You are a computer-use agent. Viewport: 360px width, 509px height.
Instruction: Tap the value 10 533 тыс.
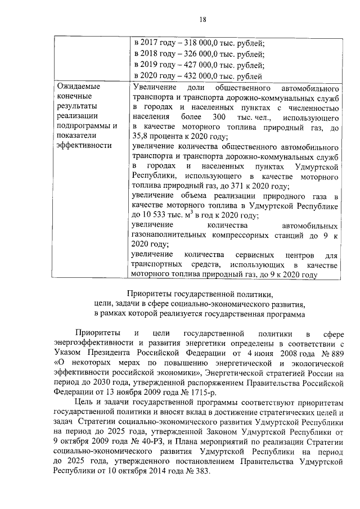click(x=159, y=215)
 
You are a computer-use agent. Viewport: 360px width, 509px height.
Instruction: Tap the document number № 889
click(x=327, y=353)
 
